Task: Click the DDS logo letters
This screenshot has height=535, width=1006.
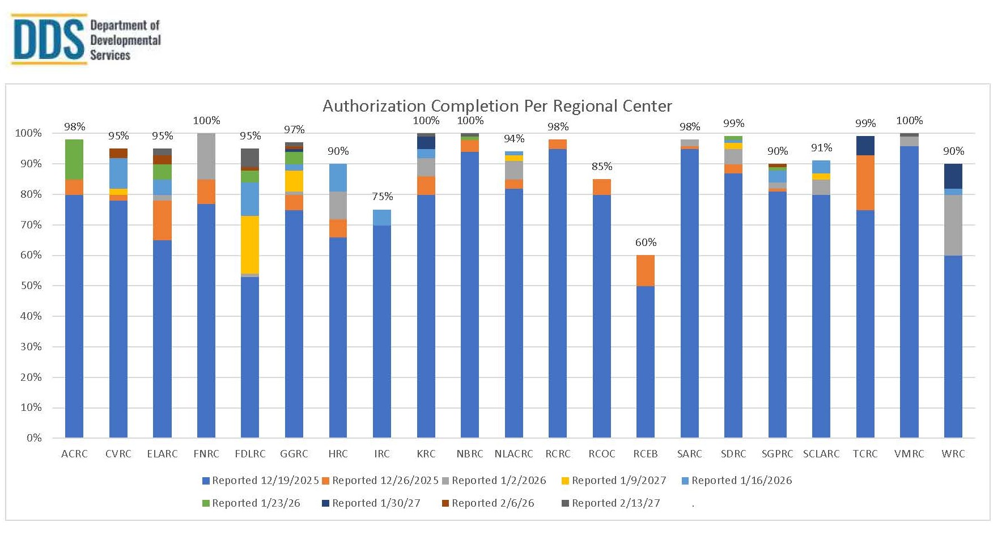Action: click(x=49, y=40)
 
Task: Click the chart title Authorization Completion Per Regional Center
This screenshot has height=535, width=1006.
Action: click(x=497, y=106)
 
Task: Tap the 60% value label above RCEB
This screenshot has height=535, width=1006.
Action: click(x=646, y=243)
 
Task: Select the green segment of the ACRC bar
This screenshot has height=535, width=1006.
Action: click(x=74, y=159)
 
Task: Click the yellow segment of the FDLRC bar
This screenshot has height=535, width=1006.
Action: click(x=250, y=245)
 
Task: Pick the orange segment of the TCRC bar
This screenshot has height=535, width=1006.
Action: click(x=865, y=182)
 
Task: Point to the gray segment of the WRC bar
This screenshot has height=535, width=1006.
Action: click(x=953, y=225)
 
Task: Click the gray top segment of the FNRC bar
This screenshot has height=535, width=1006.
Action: click(x=206, y=156)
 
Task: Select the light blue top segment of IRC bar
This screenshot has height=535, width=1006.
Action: click(x=382, y=218)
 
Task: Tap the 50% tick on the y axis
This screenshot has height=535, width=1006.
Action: click(x=31, y=286)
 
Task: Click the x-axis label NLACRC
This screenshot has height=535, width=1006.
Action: click(x=513, y=454)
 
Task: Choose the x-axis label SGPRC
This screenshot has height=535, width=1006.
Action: click(x=777, y=454)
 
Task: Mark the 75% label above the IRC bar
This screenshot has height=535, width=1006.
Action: click(x=382, y=197)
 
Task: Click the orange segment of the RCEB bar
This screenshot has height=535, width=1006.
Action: click(x=646, y=270)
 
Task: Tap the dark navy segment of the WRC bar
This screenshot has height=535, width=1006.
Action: click(x=953, y=176)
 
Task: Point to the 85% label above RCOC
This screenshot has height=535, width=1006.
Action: click(x=601, y=167)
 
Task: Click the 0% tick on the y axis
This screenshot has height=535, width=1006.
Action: click(x=34, y=438)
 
